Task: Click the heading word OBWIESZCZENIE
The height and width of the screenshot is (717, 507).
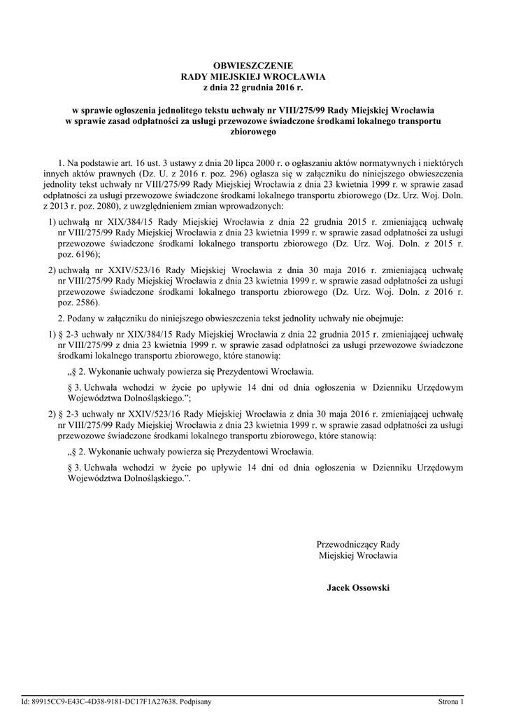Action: (253, 65)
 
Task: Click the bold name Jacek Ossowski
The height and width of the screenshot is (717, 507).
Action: (357, 587)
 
